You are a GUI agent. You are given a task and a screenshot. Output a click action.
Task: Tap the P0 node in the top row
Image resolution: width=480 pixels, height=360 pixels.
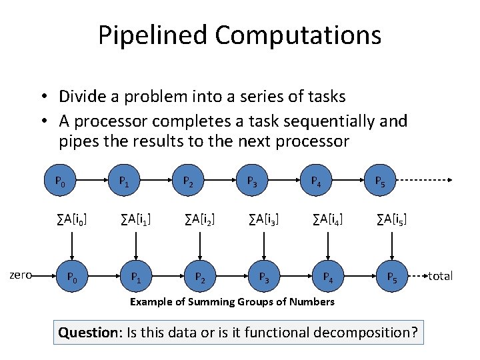(60, 180)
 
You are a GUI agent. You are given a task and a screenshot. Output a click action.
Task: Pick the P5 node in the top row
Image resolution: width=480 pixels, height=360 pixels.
(379, 180)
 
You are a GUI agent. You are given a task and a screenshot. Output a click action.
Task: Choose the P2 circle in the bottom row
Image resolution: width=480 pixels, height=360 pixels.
(200, 275)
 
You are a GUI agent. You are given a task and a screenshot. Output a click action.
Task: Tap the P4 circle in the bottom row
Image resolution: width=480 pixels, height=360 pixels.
(327, 275)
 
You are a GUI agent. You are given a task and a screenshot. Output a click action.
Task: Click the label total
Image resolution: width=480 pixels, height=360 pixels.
(440, 275)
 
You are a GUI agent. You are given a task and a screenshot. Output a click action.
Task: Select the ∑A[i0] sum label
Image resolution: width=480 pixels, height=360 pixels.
(73, 218)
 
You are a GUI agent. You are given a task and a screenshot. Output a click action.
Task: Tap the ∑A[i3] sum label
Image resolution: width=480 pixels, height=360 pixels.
(264, 218)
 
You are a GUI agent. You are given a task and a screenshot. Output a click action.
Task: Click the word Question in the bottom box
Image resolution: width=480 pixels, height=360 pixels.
(87, 331)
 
